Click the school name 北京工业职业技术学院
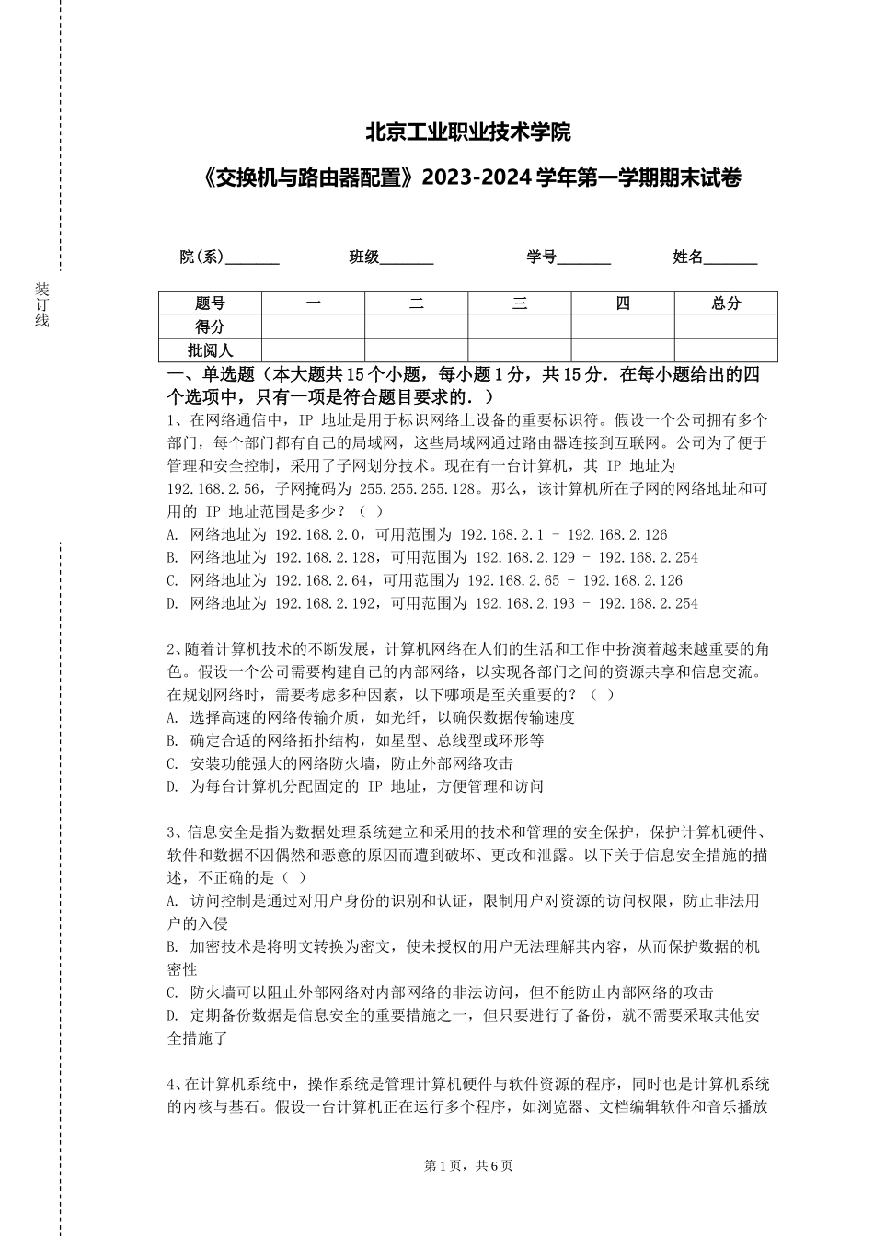point(468,132)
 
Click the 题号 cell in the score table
point(211,303)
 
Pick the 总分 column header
point(726,303)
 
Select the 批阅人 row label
point(211,350)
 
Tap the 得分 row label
point(211,326)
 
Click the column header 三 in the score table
point(520,303)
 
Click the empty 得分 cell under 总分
point(726,326)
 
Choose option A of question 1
point(418,534)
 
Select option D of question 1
point(432,603)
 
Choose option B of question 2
point(355,740)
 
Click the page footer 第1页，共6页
point(468,1165)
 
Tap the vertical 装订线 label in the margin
point(41,304)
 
